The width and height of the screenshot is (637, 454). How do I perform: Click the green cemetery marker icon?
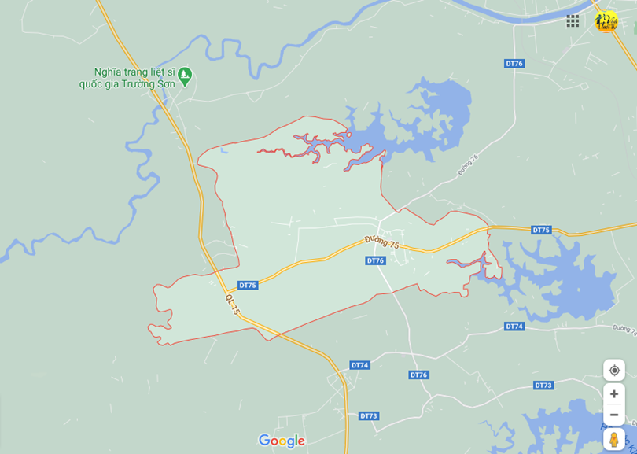pyautogui.click(x=185, y=76)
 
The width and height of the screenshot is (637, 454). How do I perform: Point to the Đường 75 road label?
pyautogui.click(x=382, y=242)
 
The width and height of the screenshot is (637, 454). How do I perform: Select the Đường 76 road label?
pyautogui.click(x=468, y=164)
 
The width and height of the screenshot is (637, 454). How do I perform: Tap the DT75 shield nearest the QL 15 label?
pyautogui.click(x=248, y=285)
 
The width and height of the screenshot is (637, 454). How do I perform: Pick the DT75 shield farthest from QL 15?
pyautogui.click(x=541, y=230)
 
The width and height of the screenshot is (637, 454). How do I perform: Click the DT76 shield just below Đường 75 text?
pyautogui.click(x=375, y=260)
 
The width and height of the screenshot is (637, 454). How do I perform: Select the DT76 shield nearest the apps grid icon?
pyautogui.click(x=514, y=63)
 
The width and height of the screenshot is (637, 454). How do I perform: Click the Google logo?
pyautogui.click(x=282, y=441)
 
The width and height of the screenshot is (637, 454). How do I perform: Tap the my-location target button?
pyautogui.click(x=614, y=370)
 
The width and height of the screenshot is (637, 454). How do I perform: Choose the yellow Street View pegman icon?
pyautogui.click(x=614, y=439)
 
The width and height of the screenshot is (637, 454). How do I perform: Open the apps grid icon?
pyautogui.click(x=573, y=21)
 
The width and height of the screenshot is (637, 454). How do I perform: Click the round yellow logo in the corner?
pyautogui.click(x=606, y=21)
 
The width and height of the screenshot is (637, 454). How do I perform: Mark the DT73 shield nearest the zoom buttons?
pyautogui.click(x=543, y=385)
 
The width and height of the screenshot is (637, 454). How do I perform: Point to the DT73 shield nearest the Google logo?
pyautogui.click(x=369, y=415)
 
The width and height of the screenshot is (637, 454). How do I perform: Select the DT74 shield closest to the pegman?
pyautogui.click(x=514, y=326)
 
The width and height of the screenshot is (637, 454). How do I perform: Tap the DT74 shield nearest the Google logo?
pyautogui.click(x=359, y=365)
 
